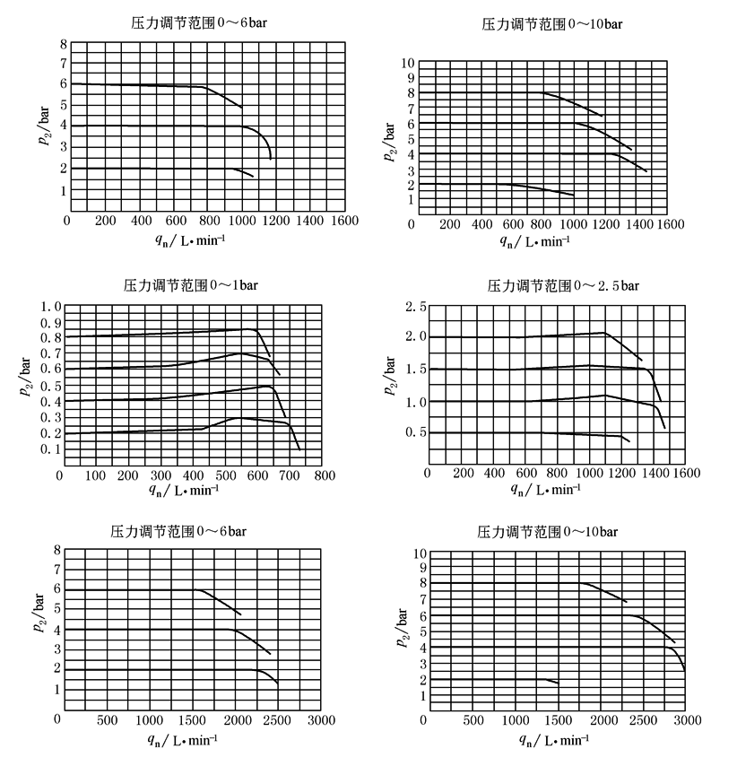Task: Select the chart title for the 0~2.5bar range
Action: click(x=562, y=285)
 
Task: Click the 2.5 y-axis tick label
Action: click(x=414, y=308)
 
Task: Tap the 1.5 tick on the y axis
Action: click(x=414, y=370)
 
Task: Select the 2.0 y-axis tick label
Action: click(x=414, y=338)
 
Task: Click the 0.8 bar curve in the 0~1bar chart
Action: click(x=161, y=334)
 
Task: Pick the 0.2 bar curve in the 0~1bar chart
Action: click(x=134, y=431)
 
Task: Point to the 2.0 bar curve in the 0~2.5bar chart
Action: click(x=502, y=337)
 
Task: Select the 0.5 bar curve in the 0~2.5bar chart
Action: click(x=502, y=431)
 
